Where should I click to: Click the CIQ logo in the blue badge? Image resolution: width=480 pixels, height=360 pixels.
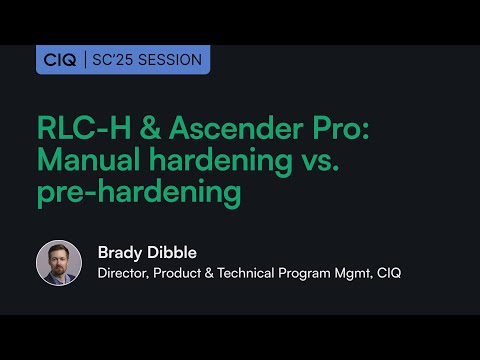[x=60, y=60]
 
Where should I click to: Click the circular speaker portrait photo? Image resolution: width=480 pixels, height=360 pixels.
[x=59, y=263]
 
